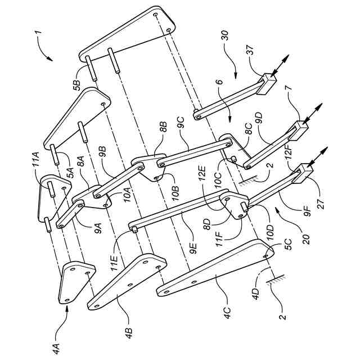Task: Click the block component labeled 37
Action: (x=268, y=84)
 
